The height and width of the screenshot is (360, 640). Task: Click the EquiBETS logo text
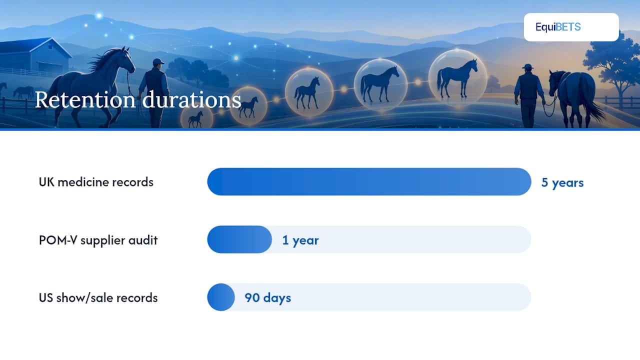point(558,27)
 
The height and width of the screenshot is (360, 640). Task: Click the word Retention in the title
point(85,100)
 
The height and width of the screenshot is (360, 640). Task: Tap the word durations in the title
point(191,100)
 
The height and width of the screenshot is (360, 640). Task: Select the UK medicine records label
point(96,182)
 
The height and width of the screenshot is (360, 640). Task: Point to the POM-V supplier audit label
point(98,240)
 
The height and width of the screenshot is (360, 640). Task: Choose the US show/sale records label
point(98,297)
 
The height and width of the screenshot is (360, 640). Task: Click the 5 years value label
point(562,182)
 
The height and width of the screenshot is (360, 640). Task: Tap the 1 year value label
point(300,240)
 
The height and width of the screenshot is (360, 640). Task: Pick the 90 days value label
point(267,297)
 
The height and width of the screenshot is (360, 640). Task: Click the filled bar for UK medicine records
point(369,181)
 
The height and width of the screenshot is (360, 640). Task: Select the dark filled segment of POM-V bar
point(239,239)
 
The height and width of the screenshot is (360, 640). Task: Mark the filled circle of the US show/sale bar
point(221,297)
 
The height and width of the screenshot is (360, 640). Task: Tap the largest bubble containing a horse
point(457,77)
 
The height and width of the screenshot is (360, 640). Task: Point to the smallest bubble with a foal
point(196,117)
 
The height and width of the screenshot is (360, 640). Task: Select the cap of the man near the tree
point(527,66)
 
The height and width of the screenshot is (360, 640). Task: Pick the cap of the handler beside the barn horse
point(158,61)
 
